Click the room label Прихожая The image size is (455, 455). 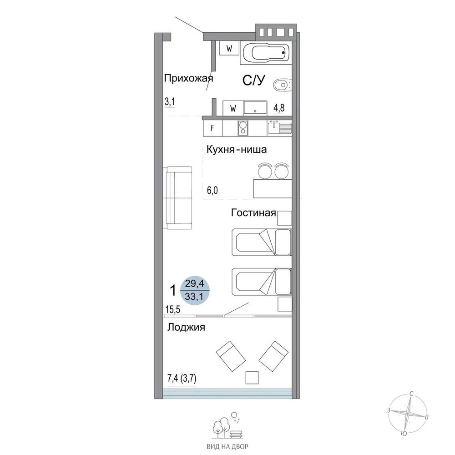point(189,78)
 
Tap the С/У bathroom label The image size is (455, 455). point(254,81)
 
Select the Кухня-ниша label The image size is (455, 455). point(237,150)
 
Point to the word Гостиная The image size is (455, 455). point(253,213)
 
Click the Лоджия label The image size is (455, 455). point(186,327)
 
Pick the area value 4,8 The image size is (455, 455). point(279,108)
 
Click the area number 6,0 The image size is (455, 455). point(212,191)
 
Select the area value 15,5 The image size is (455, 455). point(172,309)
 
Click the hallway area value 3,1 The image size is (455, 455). point(169,102)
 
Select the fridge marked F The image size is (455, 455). point(212,128)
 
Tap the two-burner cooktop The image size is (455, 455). point(243,128)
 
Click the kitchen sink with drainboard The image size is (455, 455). point(280,127)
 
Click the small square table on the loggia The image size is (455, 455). point(252,378)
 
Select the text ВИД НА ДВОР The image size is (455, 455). point(227,447)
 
